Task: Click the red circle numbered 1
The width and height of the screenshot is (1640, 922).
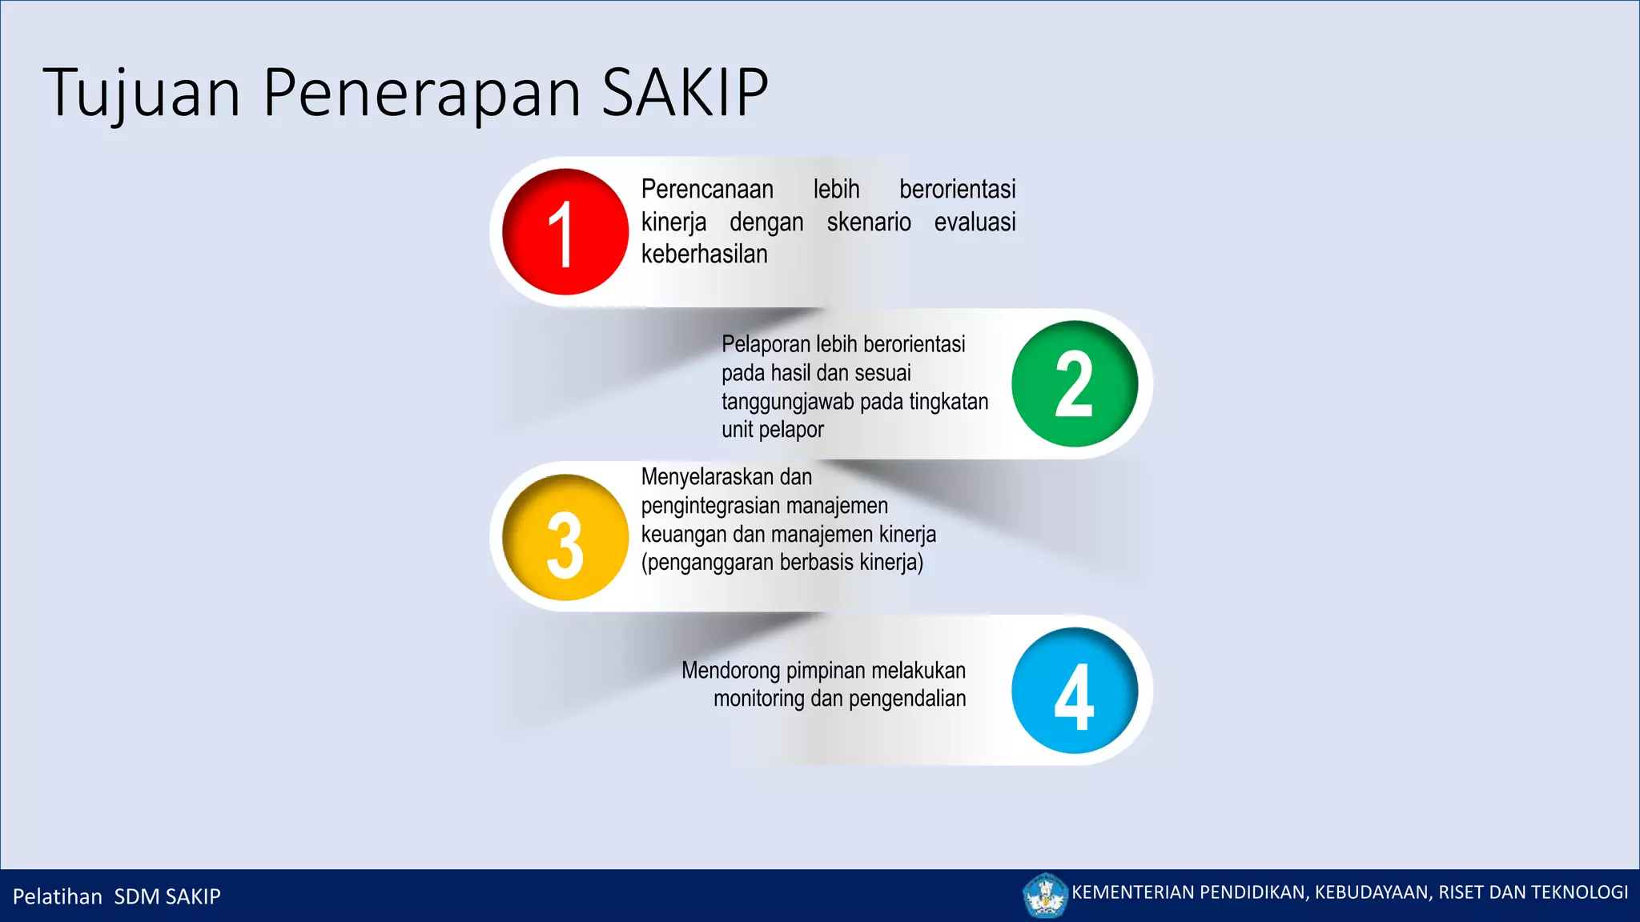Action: pyautogui.click(x=565, y=232)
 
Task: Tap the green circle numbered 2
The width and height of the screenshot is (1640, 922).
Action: pyautogui.click(x=1074, y=384)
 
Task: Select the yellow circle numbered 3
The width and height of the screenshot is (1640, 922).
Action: pyautogui.click(x=565, y=538)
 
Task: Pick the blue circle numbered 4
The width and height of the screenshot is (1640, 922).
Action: pyautogui.click(x=1074, y=691)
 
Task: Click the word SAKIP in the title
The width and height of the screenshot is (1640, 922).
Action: pyautogui.click(x=685, y=93)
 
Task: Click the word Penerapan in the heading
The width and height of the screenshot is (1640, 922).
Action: pyautogui.click(x=421, y=94)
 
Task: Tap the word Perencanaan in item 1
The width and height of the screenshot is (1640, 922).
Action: pyautogui.click(x=707, y=190)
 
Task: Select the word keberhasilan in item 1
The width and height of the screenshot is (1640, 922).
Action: pyautogui.click(x=704, y=255)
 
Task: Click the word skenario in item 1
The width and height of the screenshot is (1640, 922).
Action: pyautogui.click(x=869, y=222)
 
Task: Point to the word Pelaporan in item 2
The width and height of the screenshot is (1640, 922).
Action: pyautogui.click(x=766, y=344)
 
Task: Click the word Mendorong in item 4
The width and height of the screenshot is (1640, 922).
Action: pyautogui.click(x=730, y=671)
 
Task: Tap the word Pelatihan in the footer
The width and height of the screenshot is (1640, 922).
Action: pyautogui.click(x=58, y=896)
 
